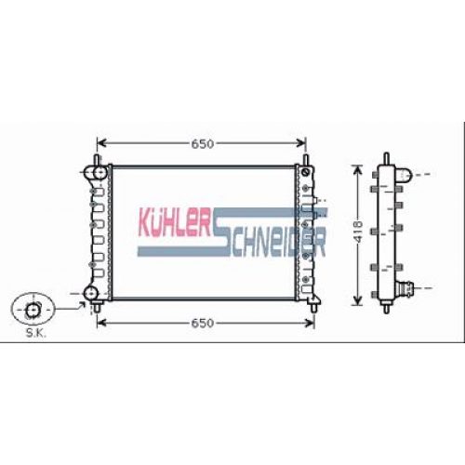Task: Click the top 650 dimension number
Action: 202,144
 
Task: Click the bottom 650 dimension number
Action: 202,324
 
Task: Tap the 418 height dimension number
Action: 358,232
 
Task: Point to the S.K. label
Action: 35,333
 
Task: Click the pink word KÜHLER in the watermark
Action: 175,222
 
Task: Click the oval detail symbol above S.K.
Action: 33,309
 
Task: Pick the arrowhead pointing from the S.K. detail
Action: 82,306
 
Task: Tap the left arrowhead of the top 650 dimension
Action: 101,143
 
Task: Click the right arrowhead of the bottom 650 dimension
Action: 310,323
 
